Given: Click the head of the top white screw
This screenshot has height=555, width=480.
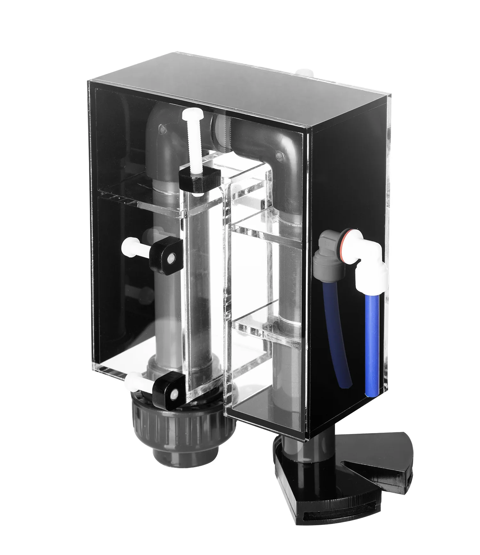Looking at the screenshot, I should (191, 115).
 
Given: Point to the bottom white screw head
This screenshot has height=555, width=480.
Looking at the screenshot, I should (132, 380).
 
